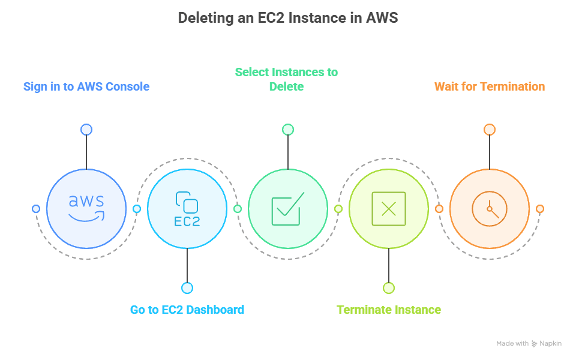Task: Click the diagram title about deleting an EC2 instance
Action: (x=288, y=18)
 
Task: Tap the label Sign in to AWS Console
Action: (x=86, y=86)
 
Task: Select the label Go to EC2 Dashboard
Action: (x=187, y=310)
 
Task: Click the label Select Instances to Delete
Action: (x=286, y=79)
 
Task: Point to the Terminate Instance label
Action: (x=389, y=310)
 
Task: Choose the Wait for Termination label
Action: (x=490, y=86)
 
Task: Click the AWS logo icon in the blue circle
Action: (x=86, y=208)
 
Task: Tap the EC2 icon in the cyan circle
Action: (x=187, y=209)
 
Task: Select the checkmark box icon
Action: (x=288, y=208)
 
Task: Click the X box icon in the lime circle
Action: (x=389, y=209)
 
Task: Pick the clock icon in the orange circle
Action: (x=490, y=209)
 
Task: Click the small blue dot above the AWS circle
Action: (x=86, y=130)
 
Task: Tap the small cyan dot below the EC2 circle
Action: (x=187, y=288)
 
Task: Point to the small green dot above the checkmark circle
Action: (x=288, y=130)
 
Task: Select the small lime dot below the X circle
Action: (x=389, y=288)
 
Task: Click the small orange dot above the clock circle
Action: (x=490, y=130)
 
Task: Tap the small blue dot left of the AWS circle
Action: (x=36, y=209)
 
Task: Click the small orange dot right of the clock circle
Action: (x=540, y=209)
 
